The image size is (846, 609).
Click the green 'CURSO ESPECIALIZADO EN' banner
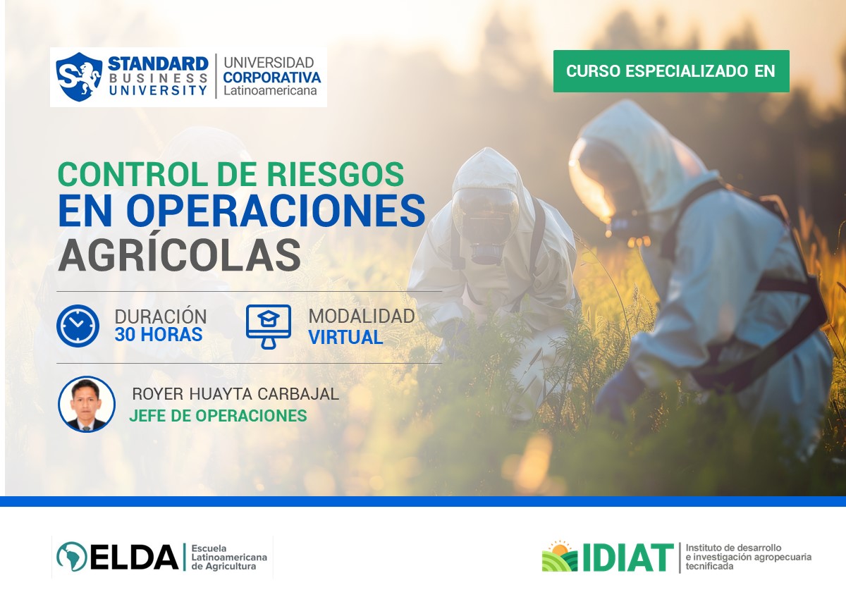(x=670, y=71)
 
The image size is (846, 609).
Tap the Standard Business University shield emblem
(x=79, y=77)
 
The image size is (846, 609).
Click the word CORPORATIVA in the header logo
(x=271, y=77)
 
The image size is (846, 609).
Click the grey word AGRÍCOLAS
(x=179, y=254)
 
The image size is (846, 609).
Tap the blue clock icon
(x=78, y=326)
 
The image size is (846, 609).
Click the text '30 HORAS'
(x=159, y=335)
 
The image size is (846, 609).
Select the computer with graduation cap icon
(x=268, y=326)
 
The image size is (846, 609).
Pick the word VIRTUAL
(x=345, y=338)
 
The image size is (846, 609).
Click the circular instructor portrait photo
(x=87, y=404)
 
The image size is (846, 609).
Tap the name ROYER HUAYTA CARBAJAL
(x=235, y=394)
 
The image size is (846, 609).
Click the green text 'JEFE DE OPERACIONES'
(x=218, y=416)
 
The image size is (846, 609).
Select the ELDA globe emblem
(x=71, y=557)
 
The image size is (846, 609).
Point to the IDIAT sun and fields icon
(x=560, y=557)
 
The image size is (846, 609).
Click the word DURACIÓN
(x=161, y=316)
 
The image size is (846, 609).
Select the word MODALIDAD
(x=362, y=316)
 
